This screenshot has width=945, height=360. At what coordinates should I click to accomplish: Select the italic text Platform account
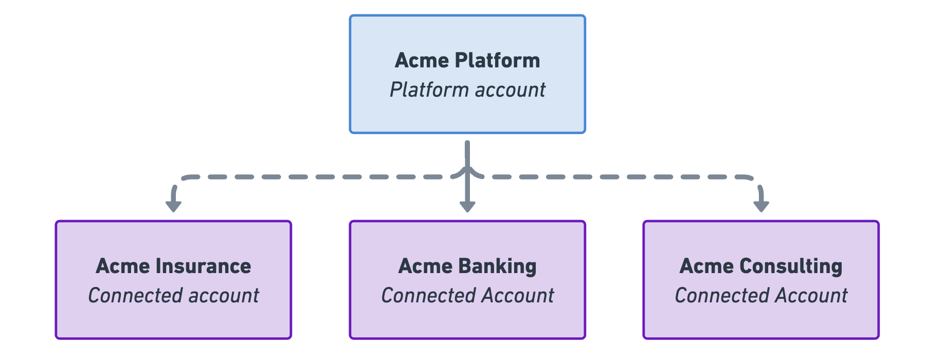click(467, 90)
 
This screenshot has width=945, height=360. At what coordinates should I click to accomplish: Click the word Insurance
click(203, 266)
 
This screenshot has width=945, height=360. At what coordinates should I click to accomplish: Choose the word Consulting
click(791, 266)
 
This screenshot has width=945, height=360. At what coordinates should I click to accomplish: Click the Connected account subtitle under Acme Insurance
click(173, 296)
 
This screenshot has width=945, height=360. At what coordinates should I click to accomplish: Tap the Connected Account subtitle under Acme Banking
click(467, 296)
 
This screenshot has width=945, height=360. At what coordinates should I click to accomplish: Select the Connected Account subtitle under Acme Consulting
click(761, 296)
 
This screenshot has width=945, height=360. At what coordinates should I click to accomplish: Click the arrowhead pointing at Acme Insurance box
click(173, 206)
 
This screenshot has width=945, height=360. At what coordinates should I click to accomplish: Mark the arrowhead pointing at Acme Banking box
click(467, 206)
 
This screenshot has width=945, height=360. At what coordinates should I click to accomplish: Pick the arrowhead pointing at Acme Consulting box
click(761, 206)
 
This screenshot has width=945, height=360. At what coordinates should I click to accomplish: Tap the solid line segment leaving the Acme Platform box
click(467, 152)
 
